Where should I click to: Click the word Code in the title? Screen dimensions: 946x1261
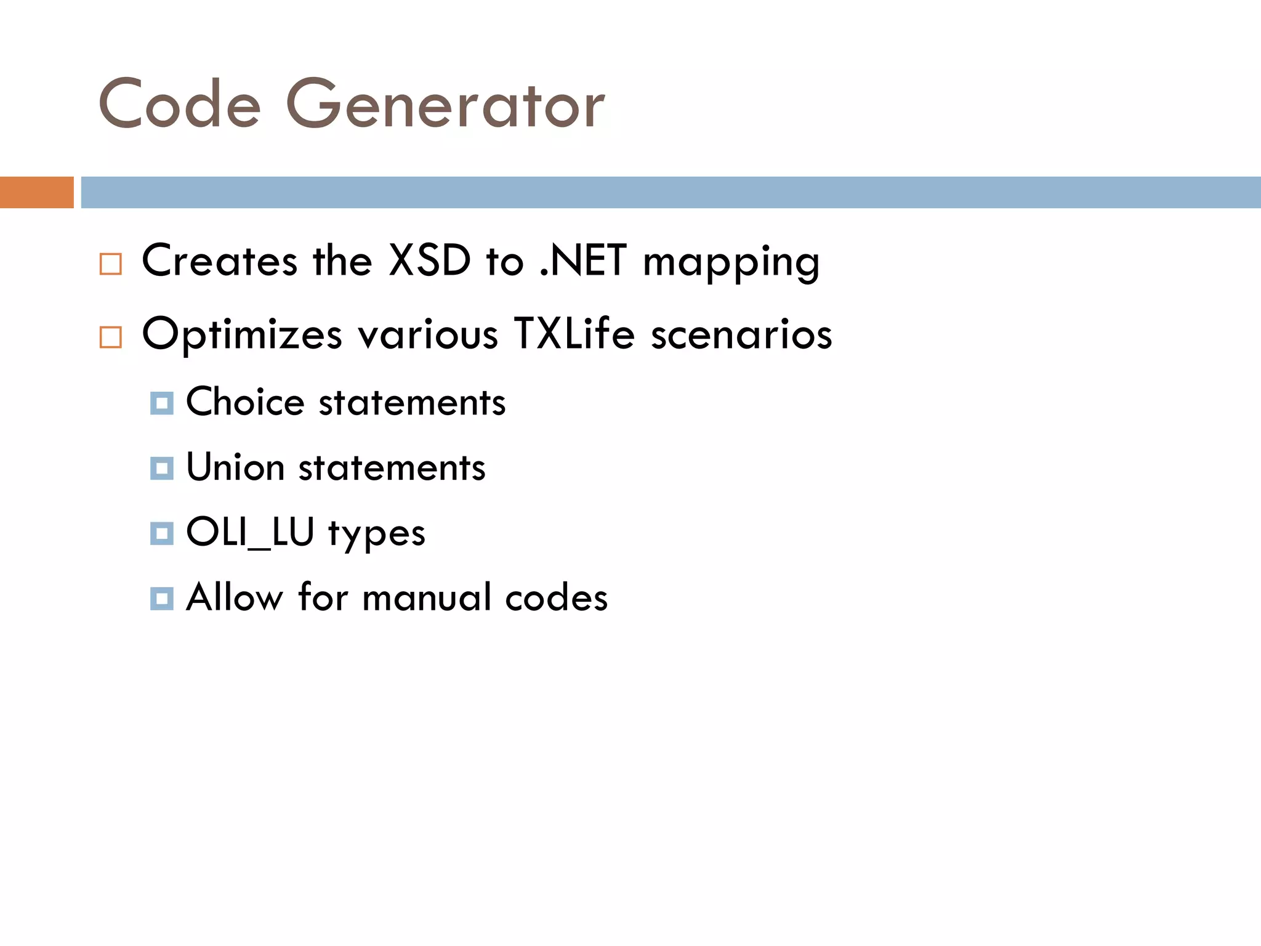pyautogui.click(x=179, y=104)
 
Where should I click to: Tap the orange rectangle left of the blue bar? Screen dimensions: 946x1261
pyautogui.click(x=36, y=192)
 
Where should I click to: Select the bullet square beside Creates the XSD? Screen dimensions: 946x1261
pyautogui.click(x=111, y=264)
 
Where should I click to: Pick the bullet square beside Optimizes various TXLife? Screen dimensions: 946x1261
pyautogui.click(x=111, y=337)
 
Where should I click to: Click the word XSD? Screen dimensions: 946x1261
pyautogui.click(x=430, y=261)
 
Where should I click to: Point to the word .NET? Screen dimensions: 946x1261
pyautogui.click(x=583, y=261)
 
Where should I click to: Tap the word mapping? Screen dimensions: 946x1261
pyautogui.click(x=731, y=263)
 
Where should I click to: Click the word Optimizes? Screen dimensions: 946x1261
pyautogui.click(x=242, y=335)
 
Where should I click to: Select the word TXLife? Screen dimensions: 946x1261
pyautogui.click(x=574, y=334)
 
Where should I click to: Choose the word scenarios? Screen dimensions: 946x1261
pyautogui.click(x=742, y=335)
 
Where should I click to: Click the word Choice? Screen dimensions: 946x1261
pyautogui.click(x=245, y=402)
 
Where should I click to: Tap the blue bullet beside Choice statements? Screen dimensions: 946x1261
pyautogui.click(x=162, y=403)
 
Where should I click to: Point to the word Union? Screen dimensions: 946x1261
pyautogui.click(x=235, y=467)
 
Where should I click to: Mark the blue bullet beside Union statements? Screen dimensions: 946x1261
pyautogui.click(x=162, y=469)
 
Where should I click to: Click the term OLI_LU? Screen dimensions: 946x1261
pyautogui.click(x=250, y=532)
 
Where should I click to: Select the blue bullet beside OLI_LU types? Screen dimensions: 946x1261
pyautogui.click(x=162, y=533)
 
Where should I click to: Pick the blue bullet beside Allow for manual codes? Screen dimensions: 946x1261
pyautogui.click(x=162, y=599)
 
